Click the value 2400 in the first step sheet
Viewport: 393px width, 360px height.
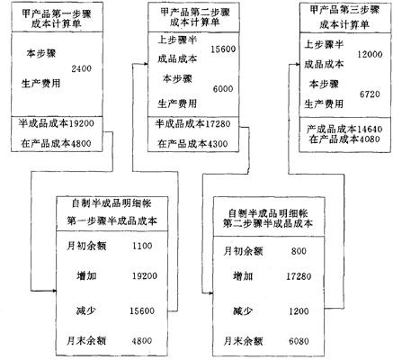pos(81,68)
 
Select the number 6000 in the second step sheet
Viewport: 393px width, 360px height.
pos(223,89)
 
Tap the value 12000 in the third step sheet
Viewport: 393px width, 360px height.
pos(370,54)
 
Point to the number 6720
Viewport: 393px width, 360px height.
pos(370,94)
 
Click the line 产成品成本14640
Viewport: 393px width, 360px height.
pos(344,130)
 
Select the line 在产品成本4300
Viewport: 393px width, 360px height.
pos(192,144)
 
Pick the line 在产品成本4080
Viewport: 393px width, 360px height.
pos(344,139)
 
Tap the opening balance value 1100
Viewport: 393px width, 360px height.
pos(142,246)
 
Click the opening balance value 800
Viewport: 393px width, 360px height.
pos(299,251)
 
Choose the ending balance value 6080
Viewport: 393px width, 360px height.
pos(299,341)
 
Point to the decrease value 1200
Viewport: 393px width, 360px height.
pos(299,311)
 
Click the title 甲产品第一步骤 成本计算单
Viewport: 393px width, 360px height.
pos(57,18)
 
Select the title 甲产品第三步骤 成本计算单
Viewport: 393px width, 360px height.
pos(344,17)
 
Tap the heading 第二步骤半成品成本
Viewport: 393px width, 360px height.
pos(268,223)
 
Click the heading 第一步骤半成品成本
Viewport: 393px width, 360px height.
pos(112,221)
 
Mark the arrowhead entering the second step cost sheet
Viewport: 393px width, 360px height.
pos(146,64)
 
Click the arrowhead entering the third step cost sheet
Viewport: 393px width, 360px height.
pos(298,64)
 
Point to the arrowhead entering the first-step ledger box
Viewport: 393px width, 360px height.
pos(54,291)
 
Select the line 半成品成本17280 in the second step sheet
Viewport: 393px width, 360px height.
pos(192,123)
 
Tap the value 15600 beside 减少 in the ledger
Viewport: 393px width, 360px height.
pos(142,310)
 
